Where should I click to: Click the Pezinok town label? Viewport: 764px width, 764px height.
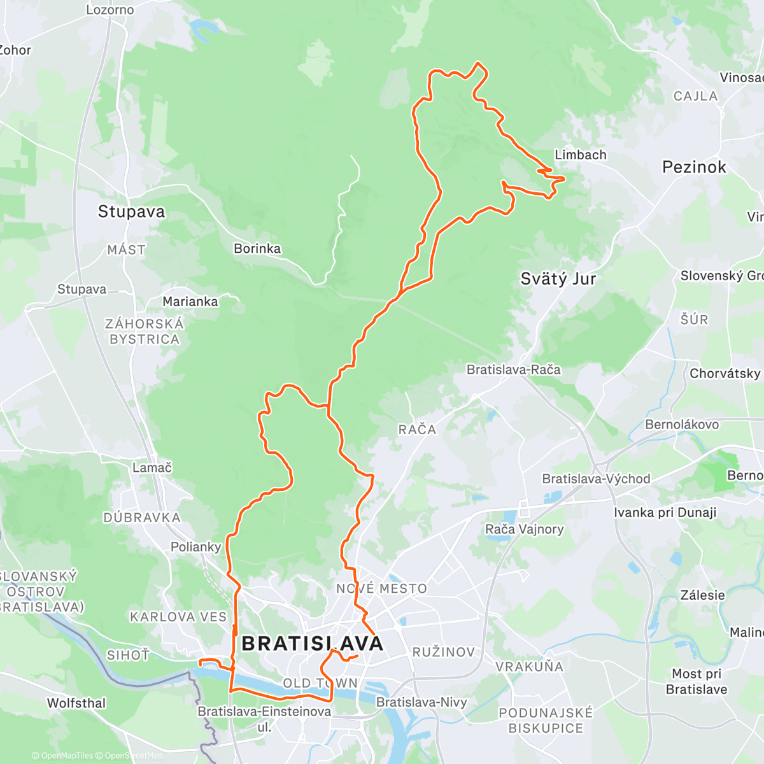tap(694, 167)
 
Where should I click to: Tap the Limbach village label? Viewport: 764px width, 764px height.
tap(580, 155)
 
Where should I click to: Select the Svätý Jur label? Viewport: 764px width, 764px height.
tap(558, 279)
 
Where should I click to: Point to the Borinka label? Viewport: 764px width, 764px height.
tap(257, 248)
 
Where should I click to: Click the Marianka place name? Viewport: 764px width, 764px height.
tap(190, 301)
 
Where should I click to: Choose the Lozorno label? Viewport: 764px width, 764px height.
tap(110, 10)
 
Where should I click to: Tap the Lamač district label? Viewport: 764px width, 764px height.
tap(152, 467)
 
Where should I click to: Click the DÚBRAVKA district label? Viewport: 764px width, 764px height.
tap(142, 518)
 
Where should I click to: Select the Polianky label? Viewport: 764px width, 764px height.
tap(195, 547)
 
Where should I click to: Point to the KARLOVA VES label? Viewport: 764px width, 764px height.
tap(178, 617)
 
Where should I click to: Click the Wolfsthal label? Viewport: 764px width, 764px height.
tap(76, 703)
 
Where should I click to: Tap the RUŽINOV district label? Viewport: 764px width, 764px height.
tap(444, 652)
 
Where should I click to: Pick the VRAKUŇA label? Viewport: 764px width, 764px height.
tap(529, 667)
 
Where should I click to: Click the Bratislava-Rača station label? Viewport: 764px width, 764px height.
tap(513, 369)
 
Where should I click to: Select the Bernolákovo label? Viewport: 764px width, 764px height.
tap(682, 424)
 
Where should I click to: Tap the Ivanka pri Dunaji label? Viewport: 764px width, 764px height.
tap(665, 513)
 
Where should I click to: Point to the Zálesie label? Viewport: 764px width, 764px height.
tap(702, 595)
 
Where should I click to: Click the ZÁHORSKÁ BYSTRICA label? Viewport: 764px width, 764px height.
tap(144, 331)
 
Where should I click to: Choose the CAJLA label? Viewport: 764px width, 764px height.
tap(695, 96)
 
